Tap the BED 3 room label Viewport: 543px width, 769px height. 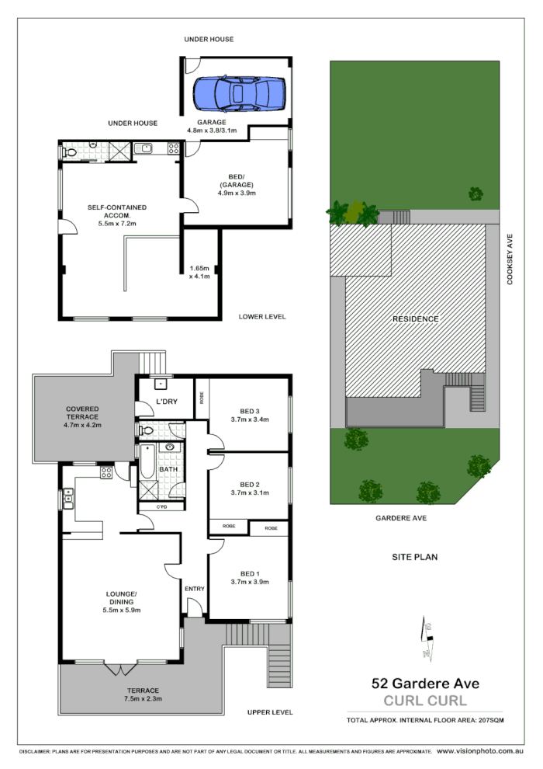[x=249, y=411]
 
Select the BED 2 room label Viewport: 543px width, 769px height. [x=249, y=482]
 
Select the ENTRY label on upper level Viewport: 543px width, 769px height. [x=194, y=589]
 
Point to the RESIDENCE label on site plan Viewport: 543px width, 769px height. [x=415, y=318]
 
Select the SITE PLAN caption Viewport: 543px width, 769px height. [x=414, y=557]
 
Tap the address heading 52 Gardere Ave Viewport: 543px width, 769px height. [x=425, y=684]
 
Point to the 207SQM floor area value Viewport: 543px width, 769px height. [x=489, y=722]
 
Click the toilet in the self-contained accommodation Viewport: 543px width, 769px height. [x=69, y=152]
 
